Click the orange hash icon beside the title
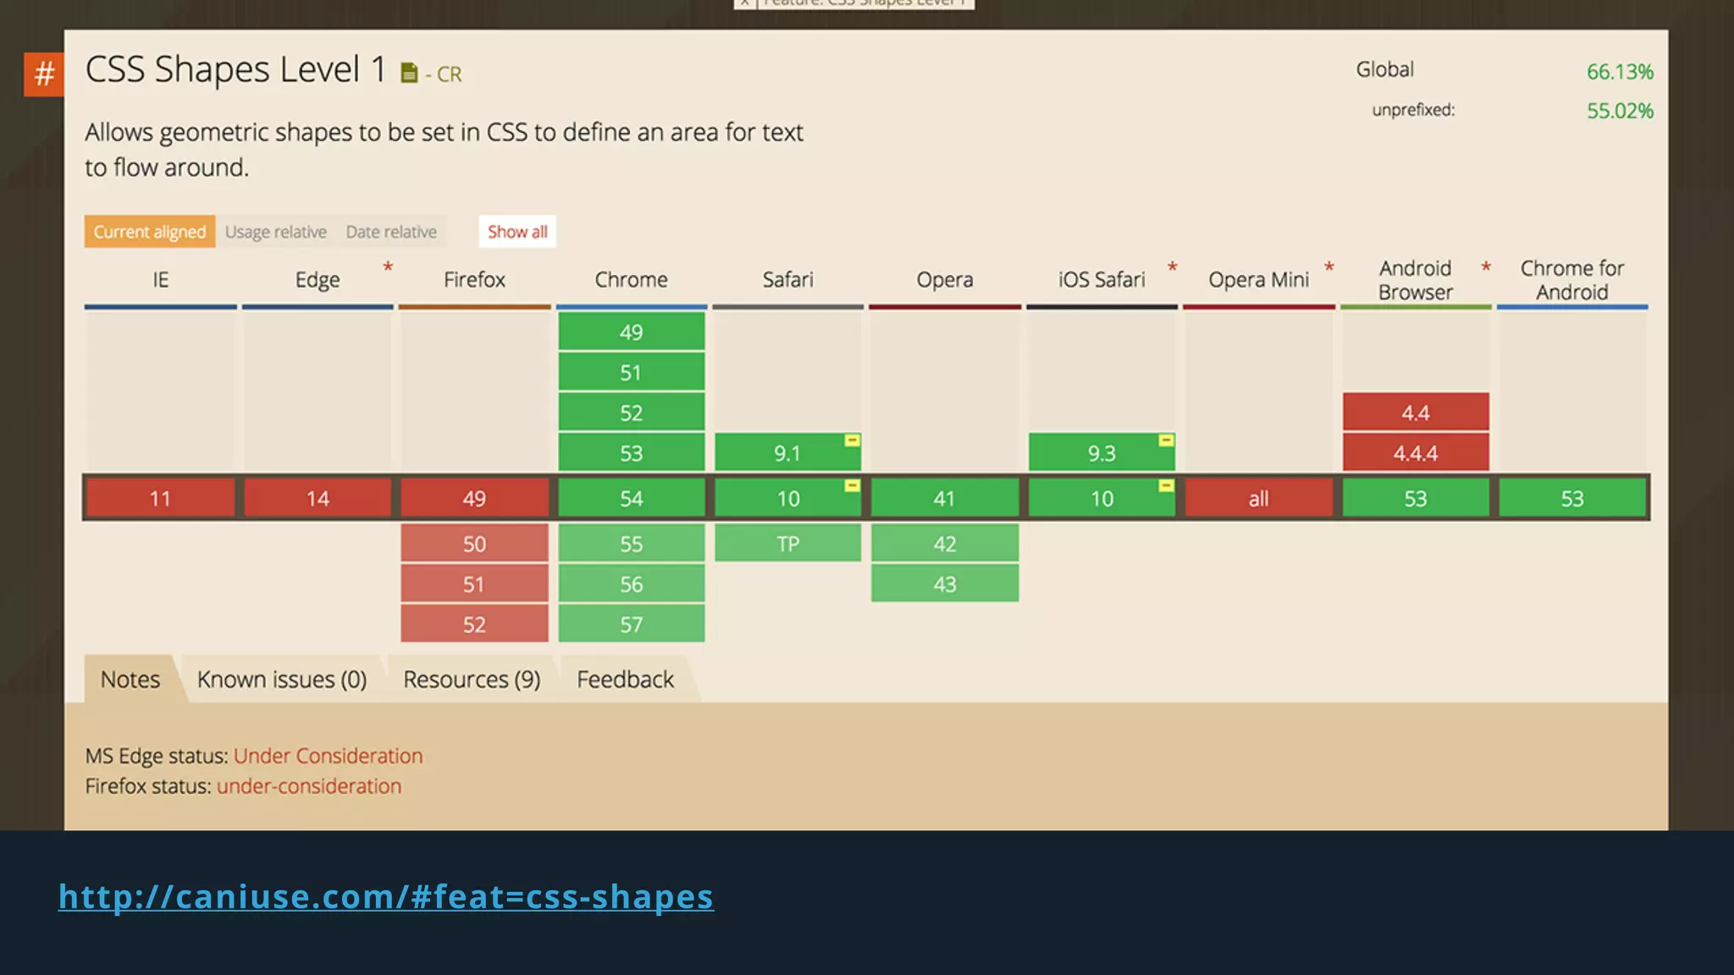click(x=44, y=74)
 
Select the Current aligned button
click(x=149, y=232)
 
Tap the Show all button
click(x=517, y=232)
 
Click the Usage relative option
click(x=276, y=232)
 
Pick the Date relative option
click(x=391, y=232)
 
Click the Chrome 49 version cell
click(x=631, y=332)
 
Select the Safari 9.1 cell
click(x=787, y=453)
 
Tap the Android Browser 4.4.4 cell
click(x=1415, y=453)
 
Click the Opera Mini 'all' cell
click(x=1258, y=499)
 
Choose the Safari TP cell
click(x=787, y=543)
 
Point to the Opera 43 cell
click(x=944, y=584)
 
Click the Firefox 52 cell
click(x=474, y=625)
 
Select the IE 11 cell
click(x=160, y=499)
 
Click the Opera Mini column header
click(x=1258, y=279)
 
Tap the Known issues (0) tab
click(x=282, y=680)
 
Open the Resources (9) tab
click(x=472, y=680)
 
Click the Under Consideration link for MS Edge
click(x=328, y=756)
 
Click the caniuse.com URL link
click(x=386, y=897)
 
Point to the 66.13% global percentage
click(x=1619, y=72)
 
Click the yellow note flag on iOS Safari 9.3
click(x=1166, y=440)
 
